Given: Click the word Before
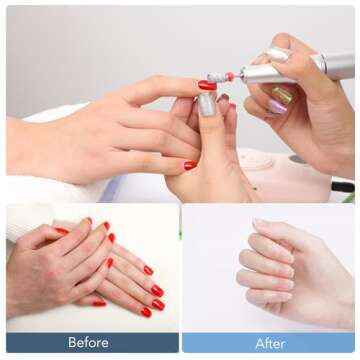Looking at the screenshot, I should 88,343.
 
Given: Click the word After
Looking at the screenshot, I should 270,343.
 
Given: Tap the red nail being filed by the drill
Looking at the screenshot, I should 207,86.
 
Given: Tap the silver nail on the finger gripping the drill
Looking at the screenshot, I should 280,55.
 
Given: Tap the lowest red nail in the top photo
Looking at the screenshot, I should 190,165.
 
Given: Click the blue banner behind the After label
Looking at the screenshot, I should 320,343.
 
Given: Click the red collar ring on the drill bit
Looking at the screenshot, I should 229,75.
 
